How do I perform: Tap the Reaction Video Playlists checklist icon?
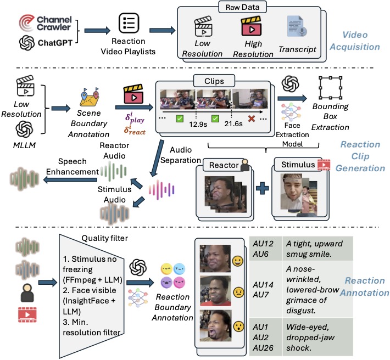click(x=129, y=24)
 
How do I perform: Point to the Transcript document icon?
click(x=297, y=27)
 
